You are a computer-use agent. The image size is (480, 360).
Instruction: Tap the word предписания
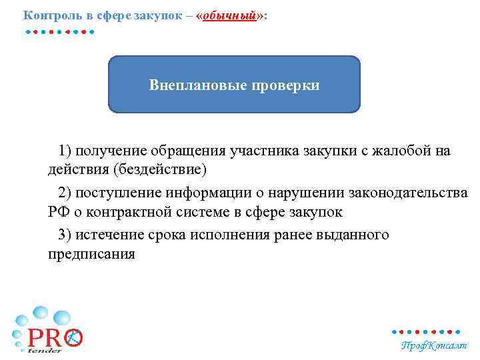click(x=91, y=255)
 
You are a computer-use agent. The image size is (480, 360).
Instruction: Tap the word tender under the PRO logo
click(x=45, y=350)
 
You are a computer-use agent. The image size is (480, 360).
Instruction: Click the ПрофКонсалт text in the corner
click(x=434, y=346)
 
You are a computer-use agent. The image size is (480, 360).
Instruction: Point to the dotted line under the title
click(x=59, y=31)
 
